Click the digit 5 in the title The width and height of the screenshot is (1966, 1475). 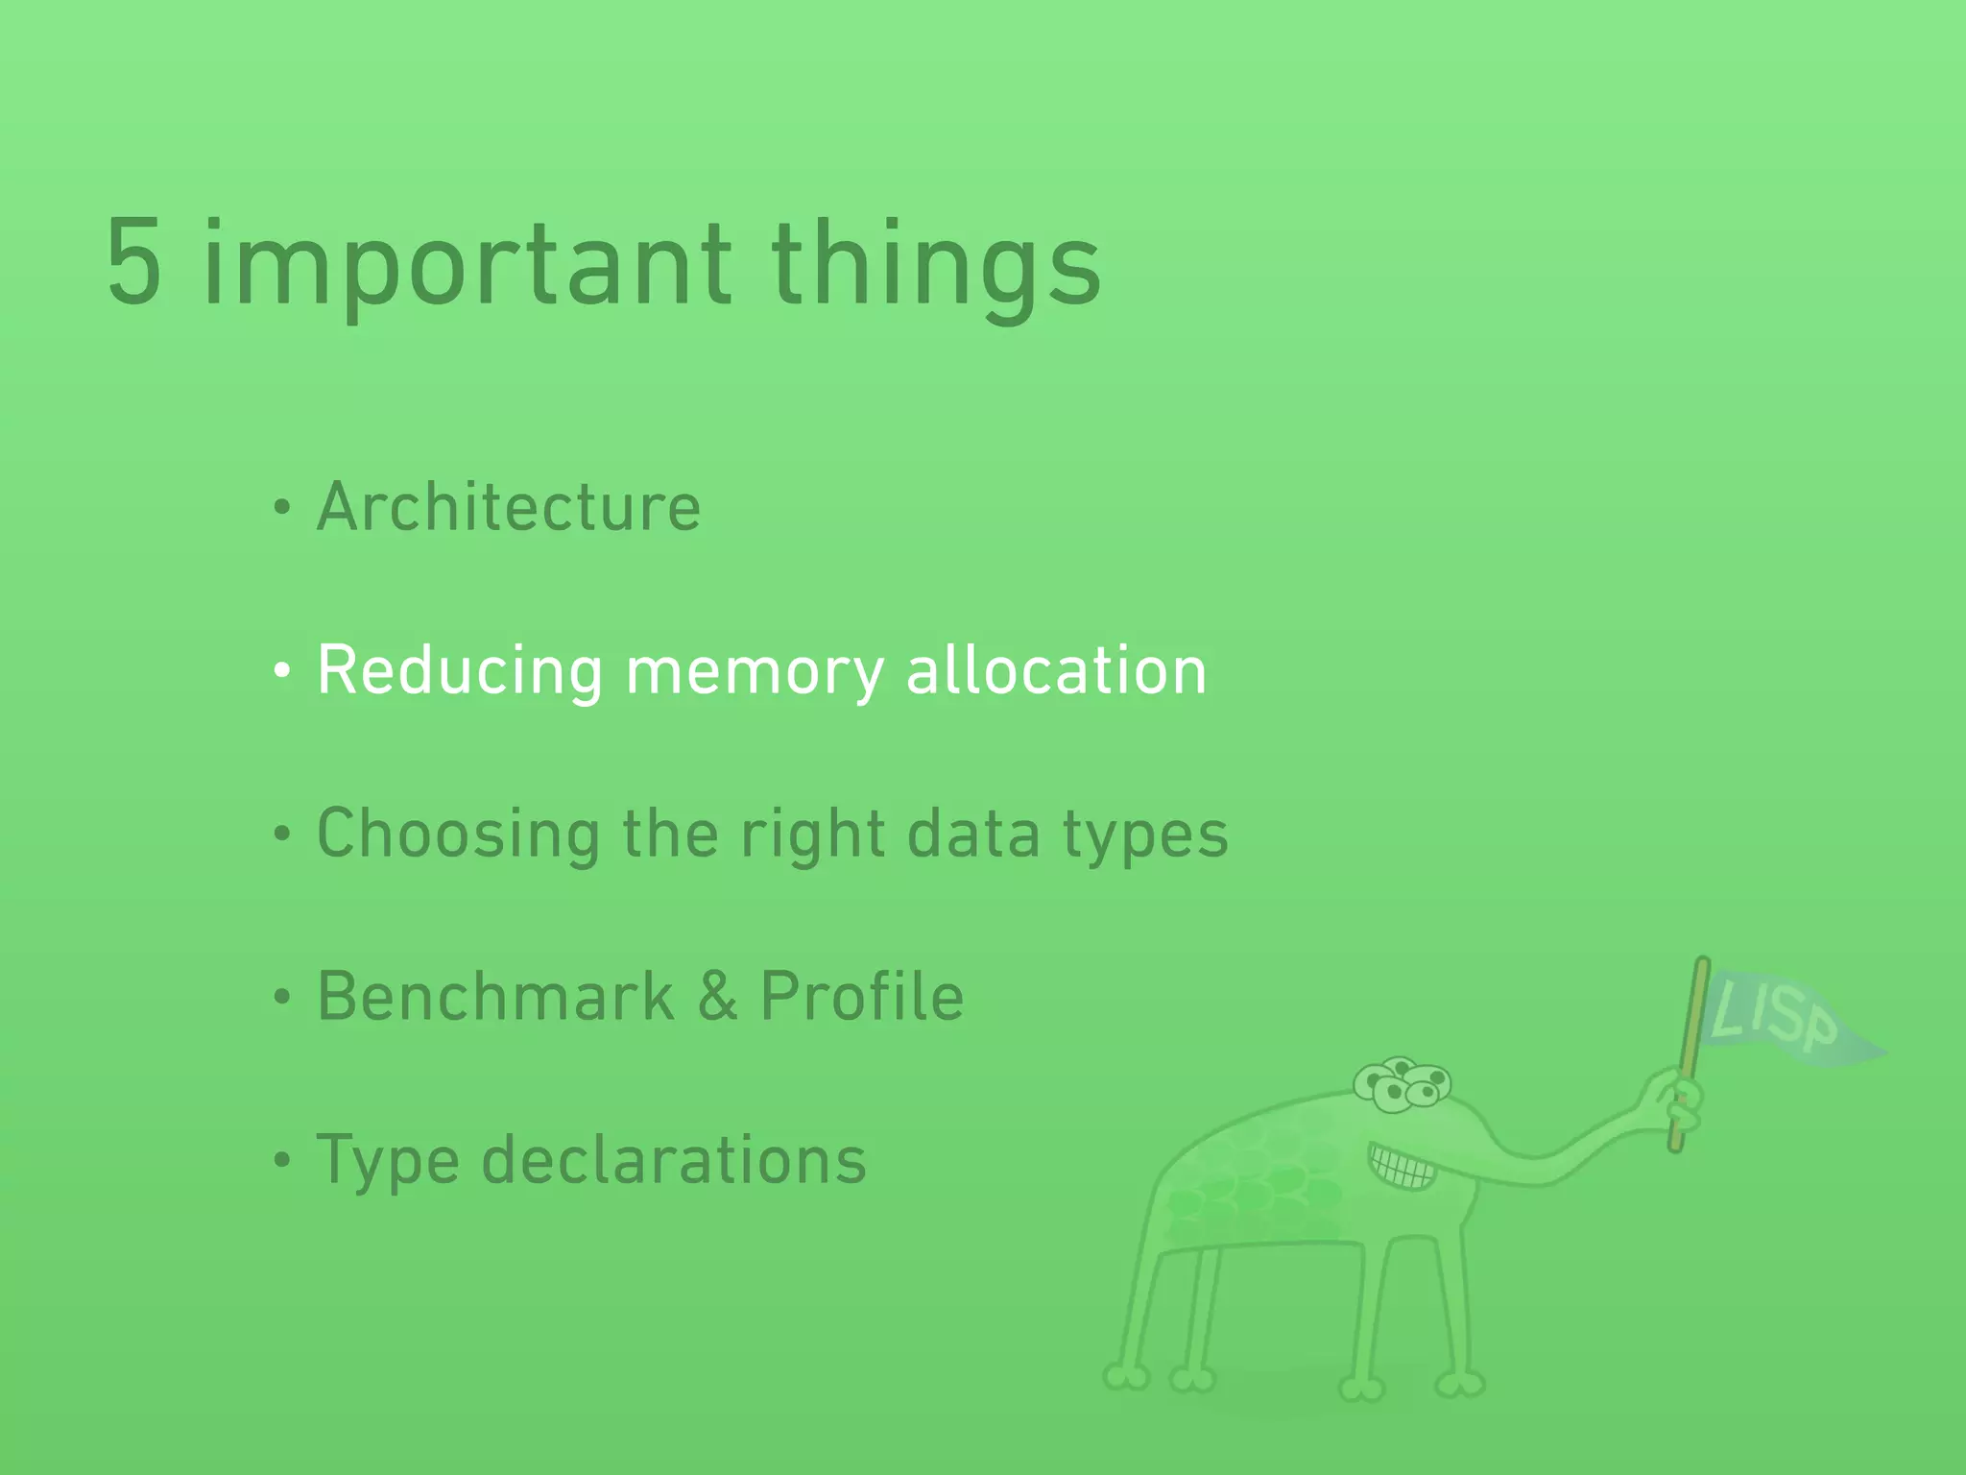click(x=133, y=263)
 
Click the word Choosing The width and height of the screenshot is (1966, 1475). click(x=458, y=834)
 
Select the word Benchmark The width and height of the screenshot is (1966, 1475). click(x=495, y=996)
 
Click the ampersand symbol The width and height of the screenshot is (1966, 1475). click(x=717, y=996)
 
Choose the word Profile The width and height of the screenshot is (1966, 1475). click(x=861, y=996)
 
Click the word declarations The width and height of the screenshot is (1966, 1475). click(x=673, y=1160)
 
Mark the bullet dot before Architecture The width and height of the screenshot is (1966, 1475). click(x=281, y=509)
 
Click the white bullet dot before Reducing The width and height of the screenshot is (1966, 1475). click(x=281, y=672)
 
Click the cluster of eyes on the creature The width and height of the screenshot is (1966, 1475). click(x=1403, y=1085)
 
